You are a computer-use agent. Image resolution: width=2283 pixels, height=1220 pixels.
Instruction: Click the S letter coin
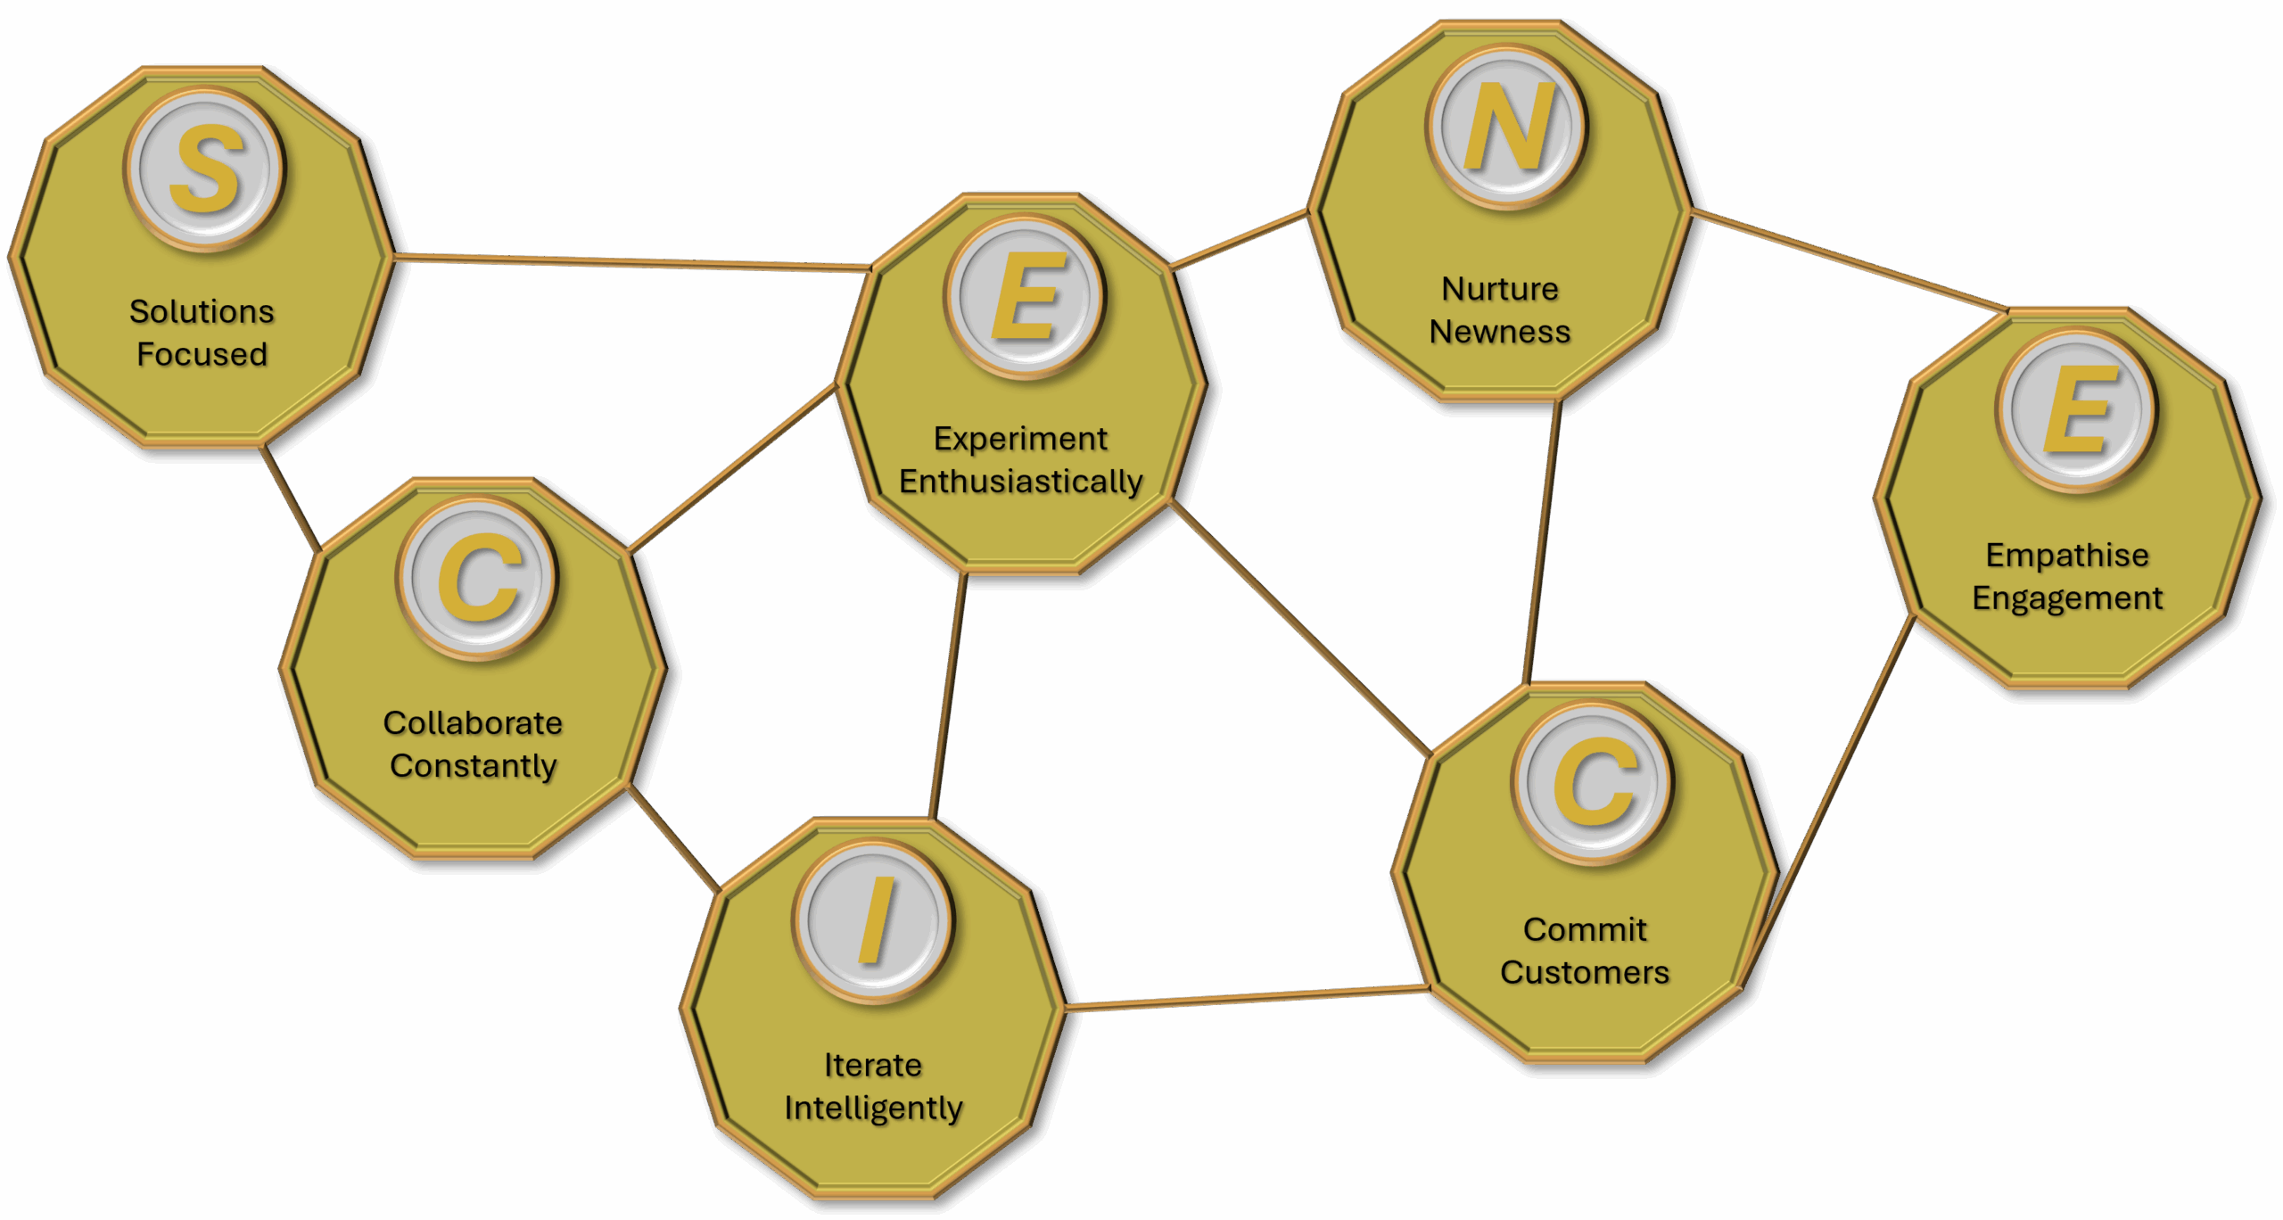(204, 169)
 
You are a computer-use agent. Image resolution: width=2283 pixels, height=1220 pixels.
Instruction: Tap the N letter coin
(1506, 127)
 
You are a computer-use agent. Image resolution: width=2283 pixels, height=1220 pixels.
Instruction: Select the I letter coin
(873, 920)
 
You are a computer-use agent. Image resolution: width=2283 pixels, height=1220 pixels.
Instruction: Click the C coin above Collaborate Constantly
(477, 578)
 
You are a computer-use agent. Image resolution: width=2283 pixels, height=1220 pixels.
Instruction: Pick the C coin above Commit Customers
(1593, 782)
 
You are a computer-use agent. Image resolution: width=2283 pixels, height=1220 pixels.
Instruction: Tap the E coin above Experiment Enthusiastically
(1025, 296)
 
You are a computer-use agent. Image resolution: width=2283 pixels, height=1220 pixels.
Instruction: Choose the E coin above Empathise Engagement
(2076, 409)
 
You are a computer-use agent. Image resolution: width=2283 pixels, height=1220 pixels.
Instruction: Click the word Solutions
(202, 311)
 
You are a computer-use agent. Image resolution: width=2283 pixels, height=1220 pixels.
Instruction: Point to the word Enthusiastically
(1020, 482)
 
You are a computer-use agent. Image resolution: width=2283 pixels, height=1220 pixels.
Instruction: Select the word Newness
(1500, 332)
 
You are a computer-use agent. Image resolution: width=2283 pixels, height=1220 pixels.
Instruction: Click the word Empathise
(2067, 555)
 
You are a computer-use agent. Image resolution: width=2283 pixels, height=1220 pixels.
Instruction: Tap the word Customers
(1584, 972)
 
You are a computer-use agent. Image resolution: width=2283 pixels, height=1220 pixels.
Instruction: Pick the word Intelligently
(873, 1109)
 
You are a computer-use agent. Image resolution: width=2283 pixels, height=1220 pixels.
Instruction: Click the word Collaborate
(473, 723)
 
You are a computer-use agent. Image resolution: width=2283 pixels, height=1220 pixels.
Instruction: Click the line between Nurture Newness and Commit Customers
(1542, 542)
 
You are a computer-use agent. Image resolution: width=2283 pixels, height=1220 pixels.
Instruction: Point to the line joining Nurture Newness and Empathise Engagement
(1848, 260)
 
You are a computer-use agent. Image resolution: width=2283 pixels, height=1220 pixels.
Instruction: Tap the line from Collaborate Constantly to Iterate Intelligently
(673, 839)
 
